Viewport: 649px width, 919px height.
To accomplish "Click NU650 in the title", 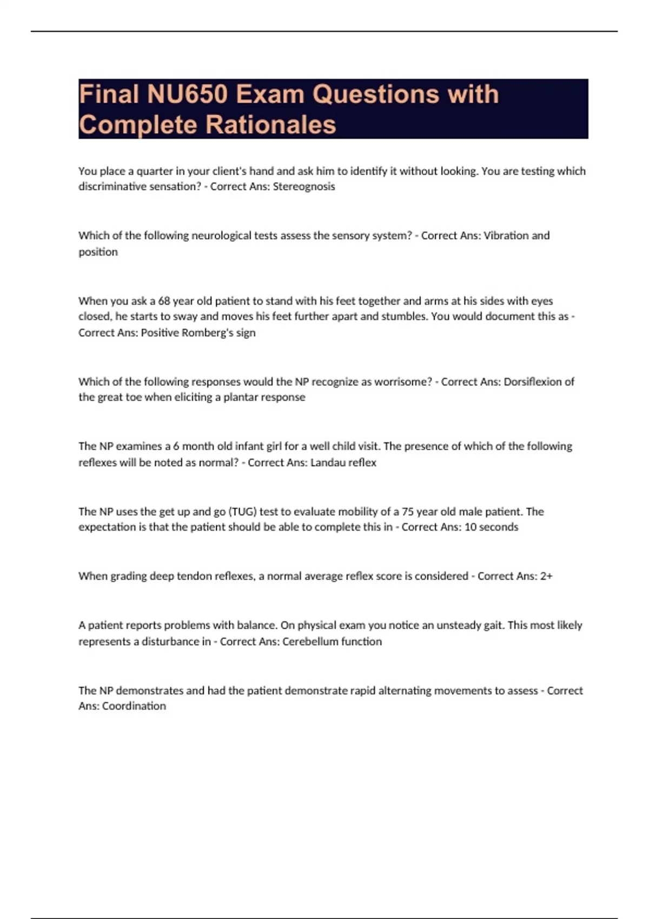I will pos(187,95).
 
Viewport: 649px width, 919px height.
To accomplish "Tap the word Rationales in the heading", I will pos(271,125).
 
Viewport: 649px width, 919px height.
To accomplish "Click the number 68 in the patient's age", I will pos(164,301).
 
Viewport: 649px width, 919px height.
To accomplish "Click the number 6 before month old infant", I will pos(176,447).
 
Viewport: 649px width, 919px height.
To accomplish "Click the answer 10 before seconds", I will pos(471,527).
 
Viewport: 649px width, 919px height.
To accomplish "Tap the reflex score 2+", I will pos(546,576).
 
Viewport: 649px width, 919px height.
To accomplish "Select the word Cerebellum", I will pos(312,642).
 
